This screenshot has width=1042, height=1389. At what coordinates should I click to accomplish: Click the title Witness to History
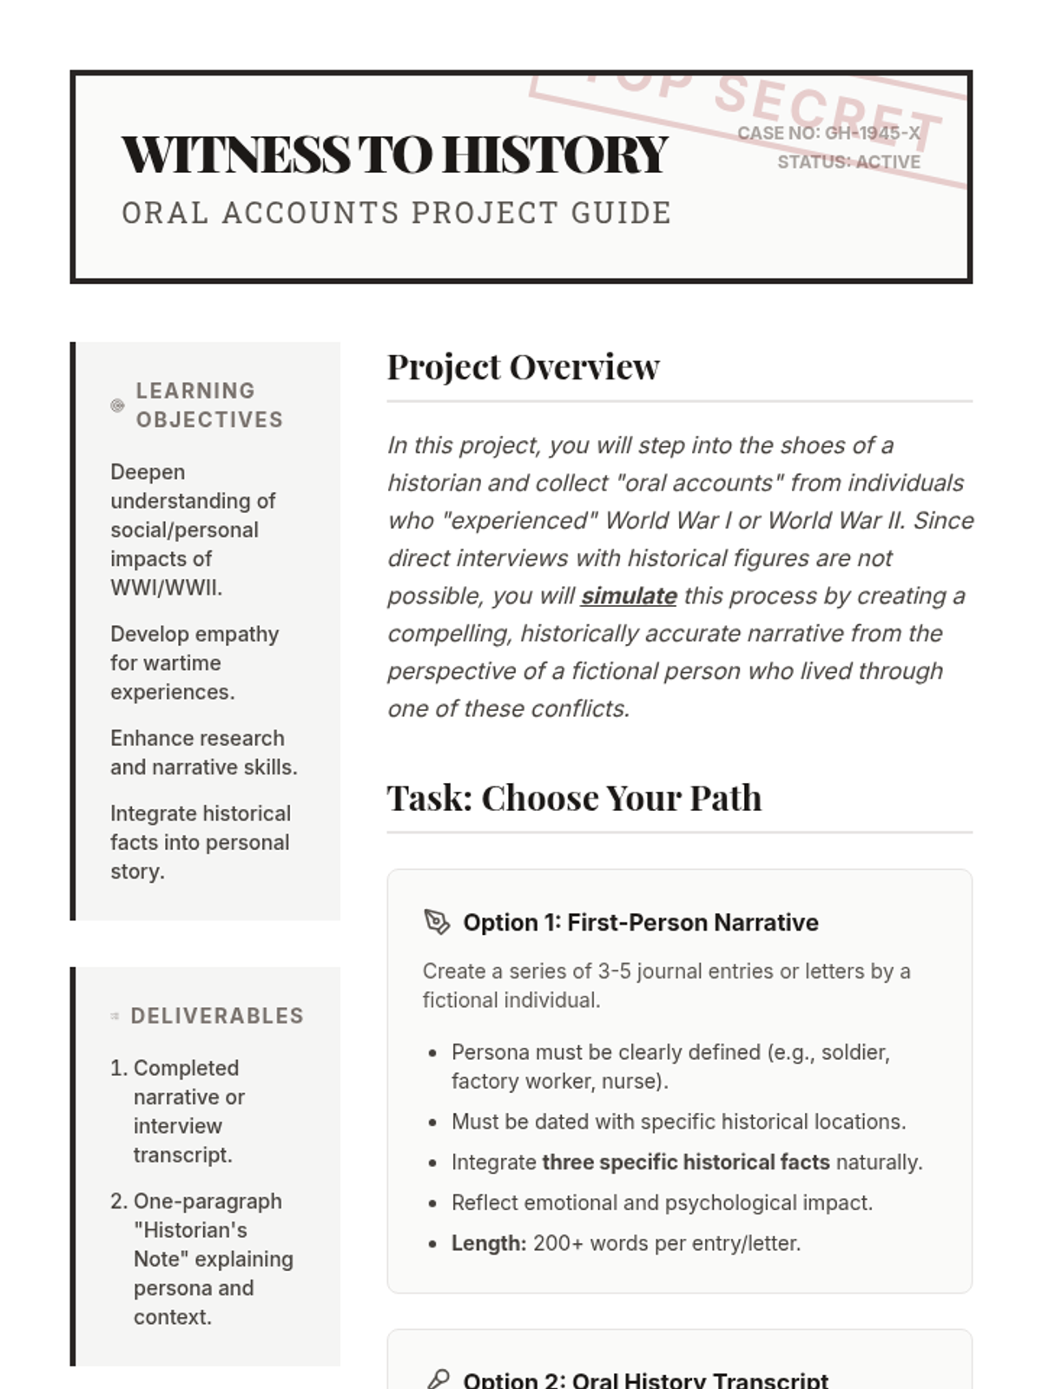pos(395,155)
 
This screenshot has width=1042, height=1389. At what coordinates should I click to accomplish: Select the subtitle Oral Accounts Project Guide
pos(397,213)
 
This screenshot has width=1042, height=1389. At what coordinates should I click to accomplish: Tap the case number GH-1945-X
pos(872,133)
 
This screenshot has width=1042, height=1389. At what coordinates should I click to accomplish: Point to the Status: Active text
pos(848,162)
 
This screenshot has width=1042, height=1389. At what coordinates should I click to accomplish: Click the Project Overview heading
pos(523,367)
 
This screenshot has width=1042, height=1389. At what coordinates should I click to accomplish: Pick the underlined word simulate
pos(629,596)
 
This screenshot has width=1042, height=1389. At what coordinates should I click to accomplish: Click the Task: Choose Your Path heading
pos(574,798)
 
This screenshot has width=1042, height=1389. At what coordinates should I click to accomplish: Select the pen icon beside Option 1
pos(437,922)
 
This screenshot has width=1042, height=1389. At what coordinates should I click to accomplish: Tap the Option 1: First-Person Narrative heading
pos(640,922)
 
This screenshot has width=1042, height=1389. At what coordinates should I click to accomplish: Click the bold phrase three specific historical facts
pos(685,1162)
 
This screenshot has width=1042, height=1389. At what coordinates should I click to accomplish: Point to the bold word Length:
pos(489,1243)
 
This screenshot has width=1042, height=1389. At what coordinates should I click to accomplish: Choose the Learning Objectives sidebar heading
pos(209,405)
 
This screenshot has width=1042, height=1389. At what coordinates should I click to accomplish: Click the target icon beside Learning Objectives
pos(117,405)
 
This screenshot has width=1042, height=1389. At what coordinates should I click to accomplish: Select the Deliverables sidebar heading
pos(217,1016)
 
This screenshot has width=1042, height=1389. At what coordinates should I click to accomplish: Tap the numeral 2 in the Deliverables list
pos(118,1201)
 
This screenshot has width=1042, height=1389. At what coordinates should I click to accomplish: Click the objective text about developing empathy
pos(195,663)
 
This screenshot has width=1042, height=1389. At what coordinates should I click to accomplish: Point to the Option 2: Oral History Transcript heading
pos(645,1379)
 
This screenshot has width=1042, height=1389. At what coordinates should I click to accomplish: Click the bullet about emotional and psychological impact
pos(662,1203)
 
